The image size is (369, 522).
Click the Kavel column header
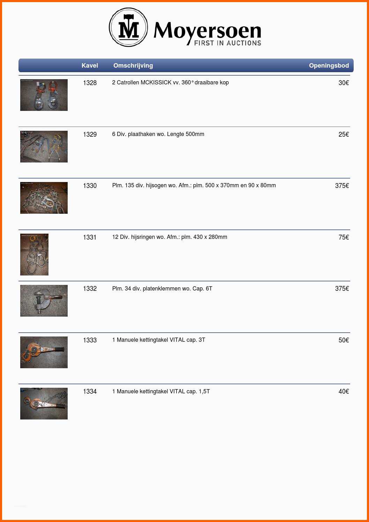(90, 66)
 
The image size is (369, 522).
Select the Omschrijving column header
(133, 66)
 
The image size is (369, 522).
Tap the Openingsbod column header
(329, 66)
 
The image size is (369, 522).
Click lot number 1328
(90, 83)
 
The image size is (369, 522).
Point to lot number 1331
(90, 237)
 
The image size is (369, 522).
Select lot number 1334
(90, 391)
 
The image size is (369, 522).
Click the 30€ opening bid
(344, 83)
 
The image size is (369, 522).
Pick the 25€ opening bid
(344, 135)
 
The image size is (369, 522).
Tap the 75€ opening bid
(344, 237)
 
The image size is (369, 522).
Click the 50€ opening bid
(344, 340)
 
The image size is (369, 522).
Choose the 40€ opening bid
(344, 391)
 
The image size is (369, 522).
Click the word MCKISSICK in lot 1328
(156, 83)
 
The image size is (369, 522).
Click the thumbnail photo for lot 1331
(34, 255)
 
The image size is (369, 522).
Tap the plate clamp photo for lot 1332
(44, 301)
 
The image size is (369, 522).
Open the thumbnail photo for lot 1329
(44, 146)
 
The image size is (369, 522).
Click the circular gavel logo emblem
(128, 27)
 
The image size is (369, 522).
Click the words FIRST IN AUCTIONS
(227, 43)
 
